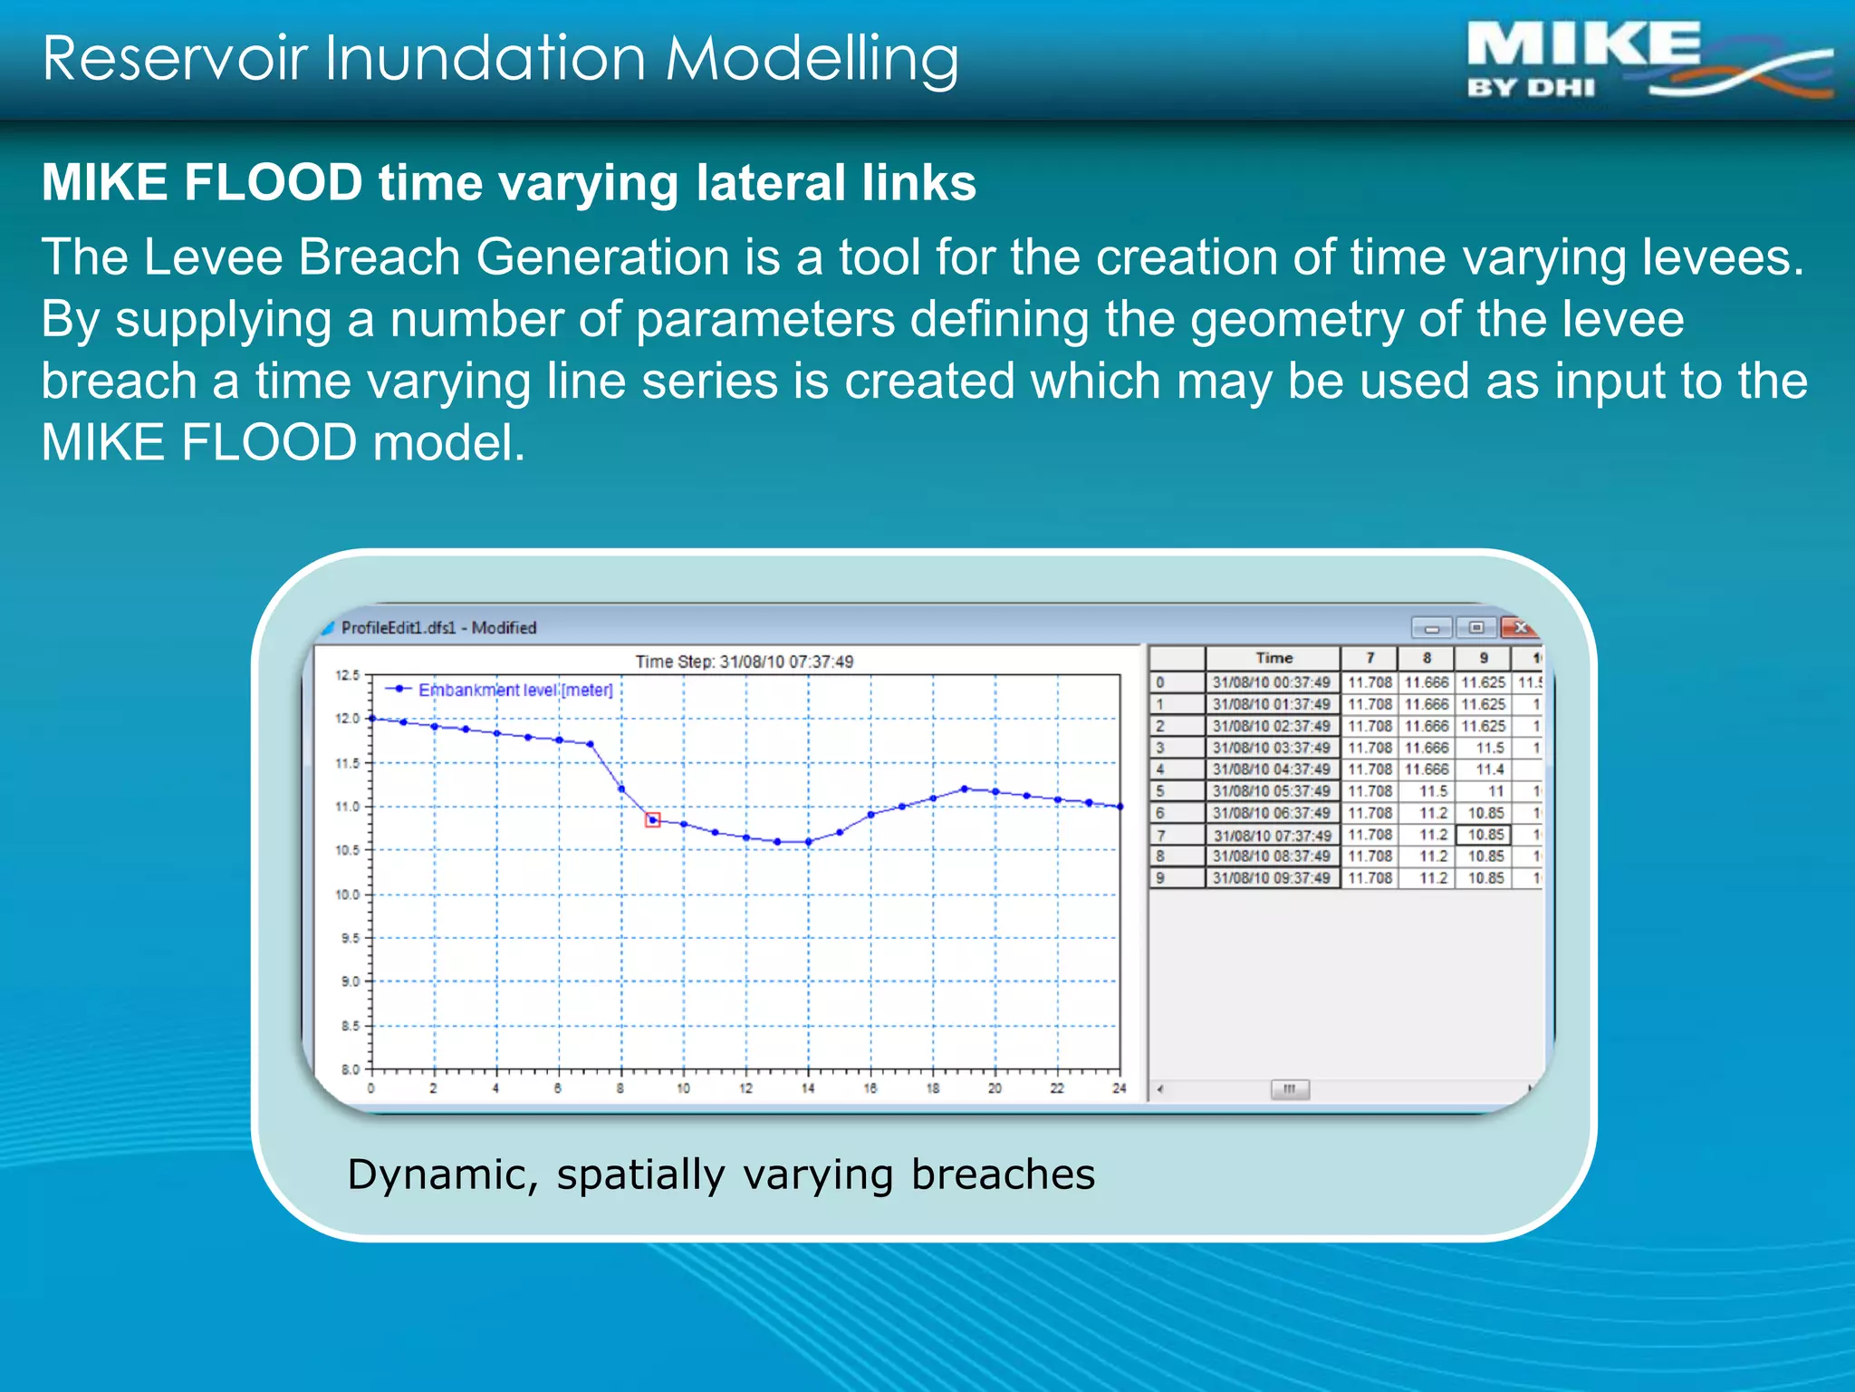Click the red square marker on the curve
[653, 820]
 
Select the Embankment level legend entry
[514, 690]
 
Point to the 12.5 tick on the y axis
[348, 675]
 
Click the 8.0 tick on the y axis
[351, 1069]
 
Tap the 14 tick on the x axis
[808, 1087]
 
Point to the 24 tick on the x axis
[1120, 1087]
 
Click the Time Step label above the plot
[744, 662]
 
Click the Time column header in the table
[1273, 658]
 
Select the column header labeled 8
[1427, 658]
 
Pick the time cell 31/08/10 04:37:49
[1272, 769]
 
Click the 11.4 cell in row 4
[1489, 769]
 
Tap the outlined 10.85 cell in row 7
[1485, 835]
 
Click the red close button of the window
[1521, 627]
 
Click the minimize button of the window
[1432, 627]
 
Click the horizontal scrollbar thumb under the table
[1290, 1089]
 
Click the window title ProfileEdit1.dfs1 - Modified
[438, 628]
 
